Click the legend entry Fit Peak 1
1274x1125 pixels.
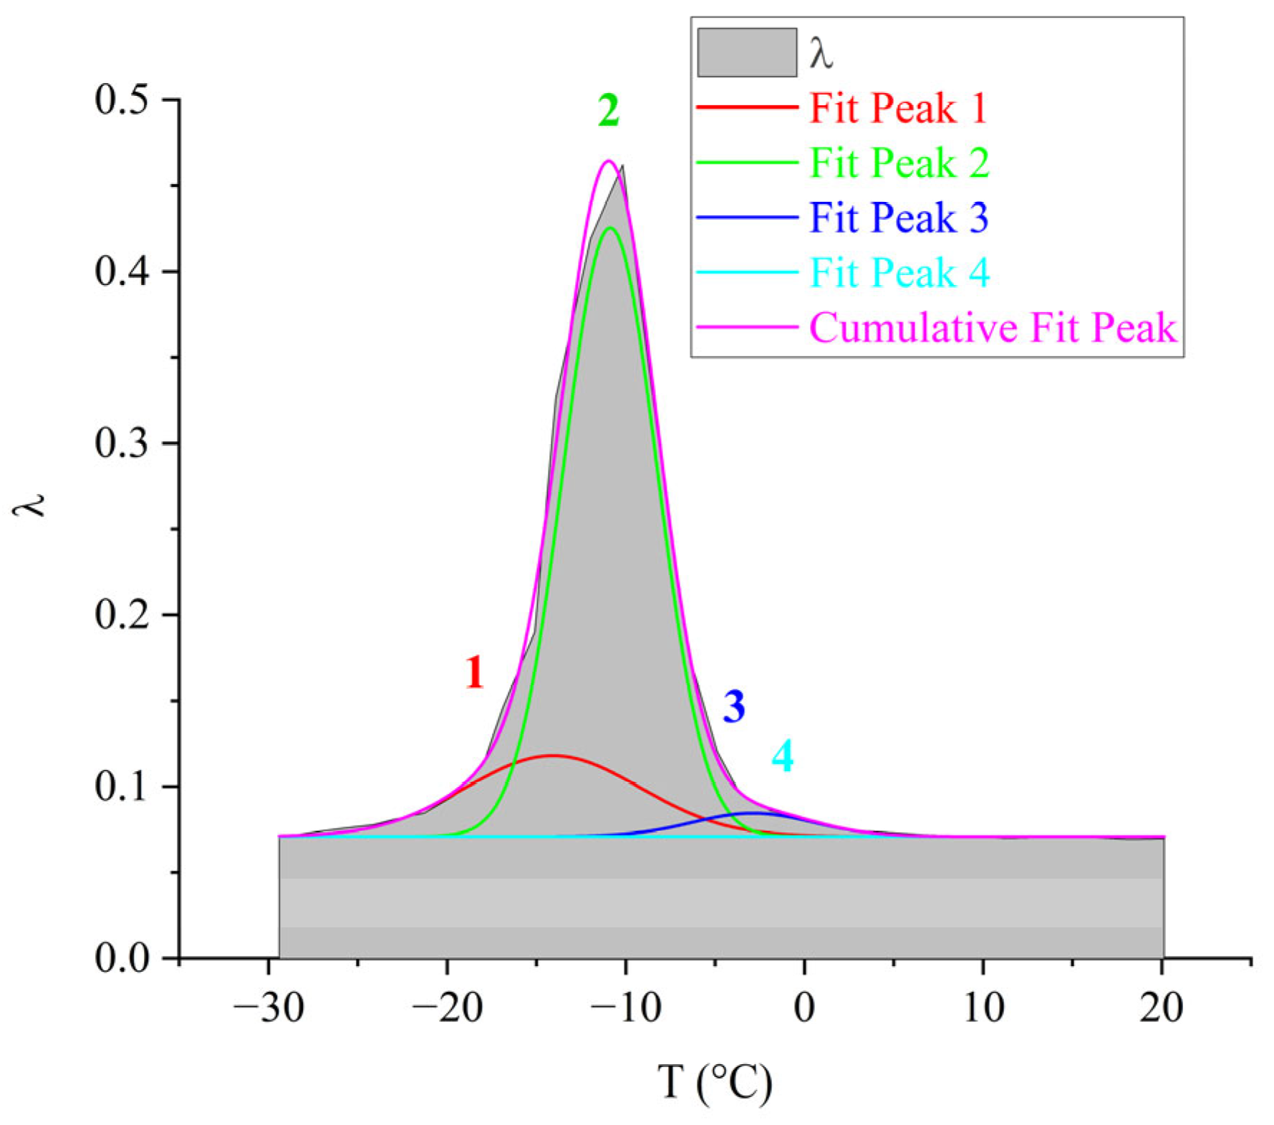tap(898, 109)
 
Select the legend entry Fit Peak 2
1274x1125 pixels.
tap(899, 163)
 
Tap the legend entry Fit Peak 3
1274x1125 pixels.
tap(899, 218)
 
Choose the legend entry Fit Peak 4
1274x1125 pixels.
tap(899, 273)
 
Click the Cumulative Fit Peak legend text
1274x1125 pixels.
tap(993, 328)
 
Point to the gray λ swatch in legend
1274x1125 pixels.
tap(747, 52)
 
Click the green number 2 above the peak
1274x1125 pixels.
tap(609, 111)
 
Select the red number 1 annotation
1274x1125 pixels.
tap(474, 673)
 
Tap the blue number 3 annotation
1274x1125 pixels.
tap(734, 707)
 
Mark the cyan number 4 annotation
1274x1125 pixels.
tap(783, 756)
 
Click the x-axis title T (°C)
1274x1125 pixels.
tap(715, 1082)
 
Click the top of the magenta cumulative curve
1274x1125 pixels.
tap(609, 161)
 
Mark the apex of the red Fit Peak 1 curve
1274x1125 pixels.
tap(553, 755)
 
